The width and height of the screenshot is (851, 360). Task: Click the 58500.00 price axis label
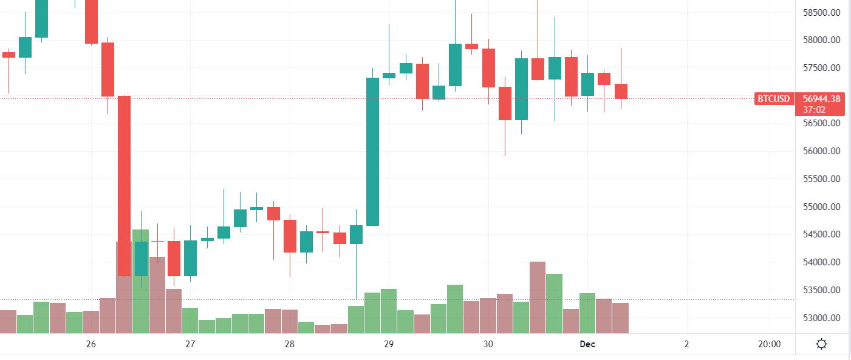click(x=822, y=12)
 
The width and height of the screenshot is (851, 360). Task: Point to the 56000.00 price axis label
click(x=822, y=151)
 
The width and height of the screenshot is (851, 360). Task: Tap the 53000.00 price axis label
click(x=822, y=318)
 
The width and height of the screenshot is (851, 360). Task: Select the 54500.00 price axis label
click(x=822, y=234)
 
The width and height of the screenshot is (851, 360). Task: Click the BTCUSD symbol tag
click(x=774, y=99)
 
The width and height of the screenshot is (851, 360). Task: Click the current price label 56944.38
click(x=821, y=99)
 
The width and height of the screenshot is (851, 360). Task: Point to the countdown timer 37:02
click(x=813, y=110)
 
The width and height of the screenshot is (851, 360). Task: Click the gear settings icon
click(x=821, y=345)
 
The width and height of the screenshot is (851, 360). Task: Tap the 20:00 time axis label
click(x=769, y=345)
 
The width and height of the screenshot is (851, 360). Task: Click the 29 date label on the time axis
click(x=389, y=345)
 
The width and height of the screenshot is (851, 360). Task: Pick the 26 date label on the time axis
click(x=91, y=345)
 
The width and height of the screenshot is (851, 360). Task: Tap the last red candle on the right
click(x=621, y=91)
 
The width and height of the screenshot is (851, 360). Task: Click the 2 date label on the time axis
click(x=686, y=345)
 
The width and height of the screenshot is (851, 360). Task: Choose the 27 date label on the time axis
click(x=190, y=345)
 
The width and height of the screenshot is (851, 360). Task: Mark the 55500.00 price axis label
click(x=822, y=179)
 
